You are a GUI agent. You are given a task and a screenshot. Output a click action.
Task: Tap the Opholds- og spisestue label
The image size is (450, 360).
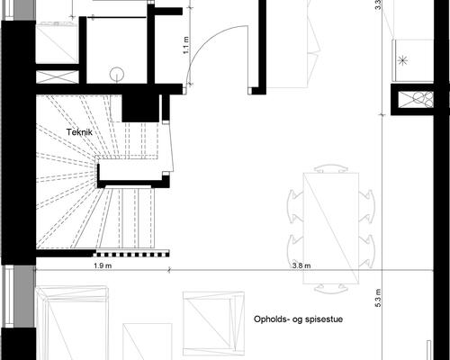296,319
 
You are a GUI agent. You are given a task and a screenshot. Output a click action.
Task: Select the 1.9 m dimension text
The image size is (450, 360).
102,265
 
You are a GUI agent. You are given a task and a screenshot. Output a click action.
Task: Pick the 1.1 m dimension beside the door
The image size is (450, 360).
184,45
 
